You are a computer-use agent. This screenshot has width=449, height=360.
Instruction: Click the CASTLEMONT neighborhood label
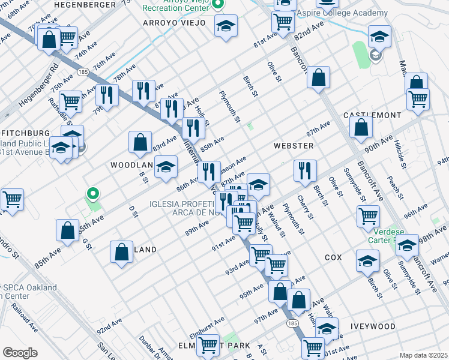372,115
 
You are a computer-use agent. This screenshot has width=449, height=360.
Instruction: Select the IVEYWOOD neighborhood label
373,326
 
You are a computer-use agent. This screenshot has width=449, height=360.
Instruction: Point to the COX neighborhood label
333,257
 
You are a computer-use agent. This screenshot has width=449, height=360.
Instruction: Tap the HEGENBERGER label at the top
84,4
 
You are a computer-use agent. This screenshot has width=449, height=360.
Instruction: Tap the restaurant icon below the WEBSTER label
305,170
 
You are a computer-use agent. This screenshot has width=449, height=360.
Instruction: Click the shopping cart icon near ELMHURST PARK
208,345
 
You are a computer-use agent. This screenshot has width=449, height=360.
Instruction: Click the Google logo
20,352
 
